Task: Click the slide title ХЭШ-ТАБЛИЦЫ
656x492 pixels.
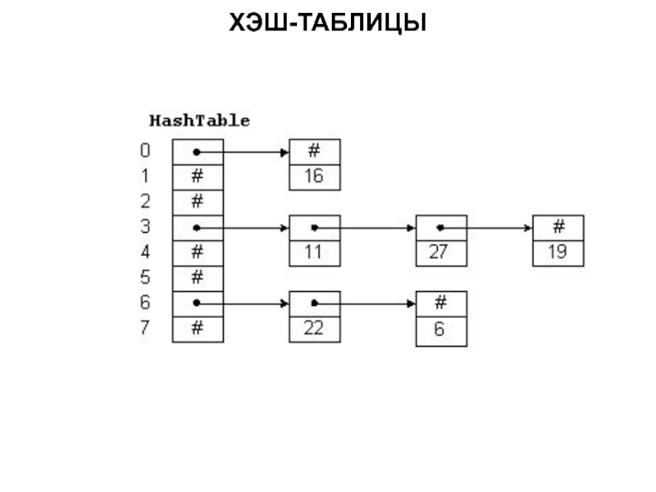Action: tap(328, 24)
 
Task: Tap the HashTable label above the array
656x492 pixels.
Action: tap(199, 121)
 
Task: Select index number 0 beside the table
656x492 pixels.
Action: tap(145, 151)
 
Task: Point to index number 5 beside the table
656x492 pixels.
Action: tap(145, 277)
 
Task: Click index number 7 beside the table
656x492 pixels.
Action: tap(145, 328)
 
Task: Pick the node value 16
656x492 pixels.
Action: tap(314, 177)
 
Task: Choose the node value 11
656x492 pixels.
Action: tap(314, 253)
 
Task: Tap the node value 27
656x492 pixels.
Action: tap(440, 253)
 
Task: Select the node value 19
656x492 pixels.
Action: tap(558, 253)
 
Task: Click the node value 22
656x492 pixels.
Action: tap(314, 329)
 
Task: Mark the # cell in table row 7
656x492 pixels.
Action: tap(197, 329)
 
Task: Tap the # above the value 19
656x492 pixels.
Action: tap(558, 227)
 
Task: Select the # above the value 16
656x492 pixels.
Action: tap(314, 152)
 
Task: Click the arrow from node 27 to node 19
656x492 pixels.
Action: tap(488, 228)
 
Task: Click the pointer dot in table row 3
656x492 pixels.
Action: tap(197, 228)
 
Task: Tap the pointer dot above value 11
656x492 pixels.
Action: tap(314, 228)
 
